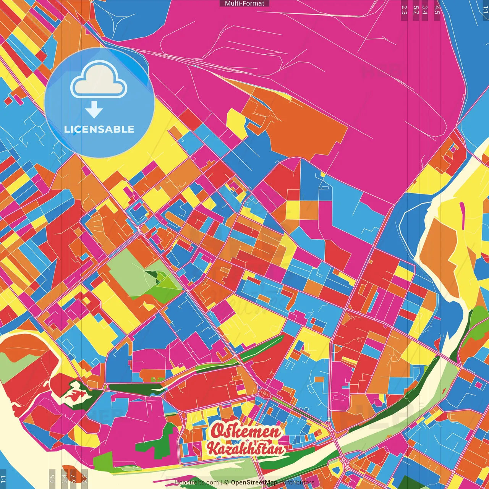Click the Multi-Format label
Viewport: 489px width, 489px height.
tap(244, 3)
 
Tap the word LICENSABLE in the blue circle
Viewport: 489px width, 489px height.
tap(99, 129)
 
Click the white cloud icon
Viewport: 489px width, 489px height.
tap(99, 81)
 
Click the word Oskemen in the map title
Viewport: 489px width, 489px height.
tap(246, 431)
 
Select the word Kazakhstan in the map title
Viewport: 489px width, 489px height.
tap(246, 449)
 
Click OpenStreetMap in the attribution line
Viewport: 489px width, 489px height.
tap(254, 483)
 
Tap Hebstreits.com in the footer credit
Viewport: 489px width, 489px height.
tap(196, 483)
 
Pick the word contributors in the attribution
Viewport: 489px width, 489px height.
tap(297, 483)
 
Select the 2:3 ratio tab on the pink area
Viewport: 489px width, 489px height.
tap(404, 10)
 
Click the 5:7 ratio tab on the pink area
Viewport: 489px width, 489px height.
tap(416, 10)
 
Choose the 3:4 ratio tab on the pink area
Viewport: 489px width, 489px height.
tap(425, 10)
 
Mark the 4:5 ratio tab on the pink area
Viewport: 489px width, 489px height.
tap(437, 10)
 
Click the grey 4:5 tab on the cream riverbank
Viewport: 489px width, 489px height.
tap(52, 479)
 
